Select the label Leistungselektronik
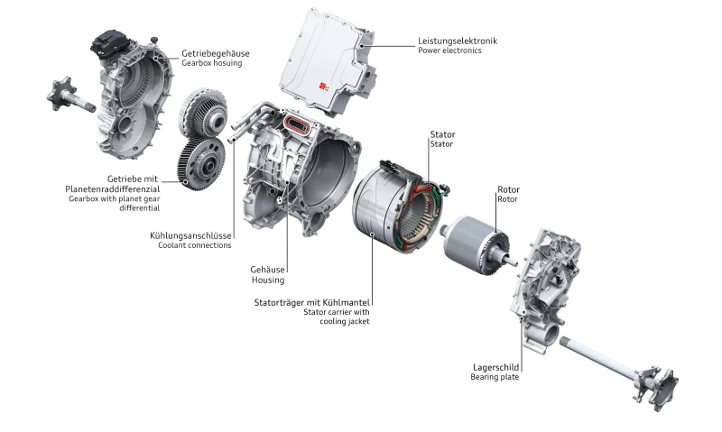[x=457, y=41]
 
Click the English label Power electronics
[x=449, y=51]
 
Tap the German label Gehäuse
[x=267, y=269]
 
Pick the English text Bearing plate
[x=495, y=378]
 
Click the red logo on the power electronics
[x=324, y=87]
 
